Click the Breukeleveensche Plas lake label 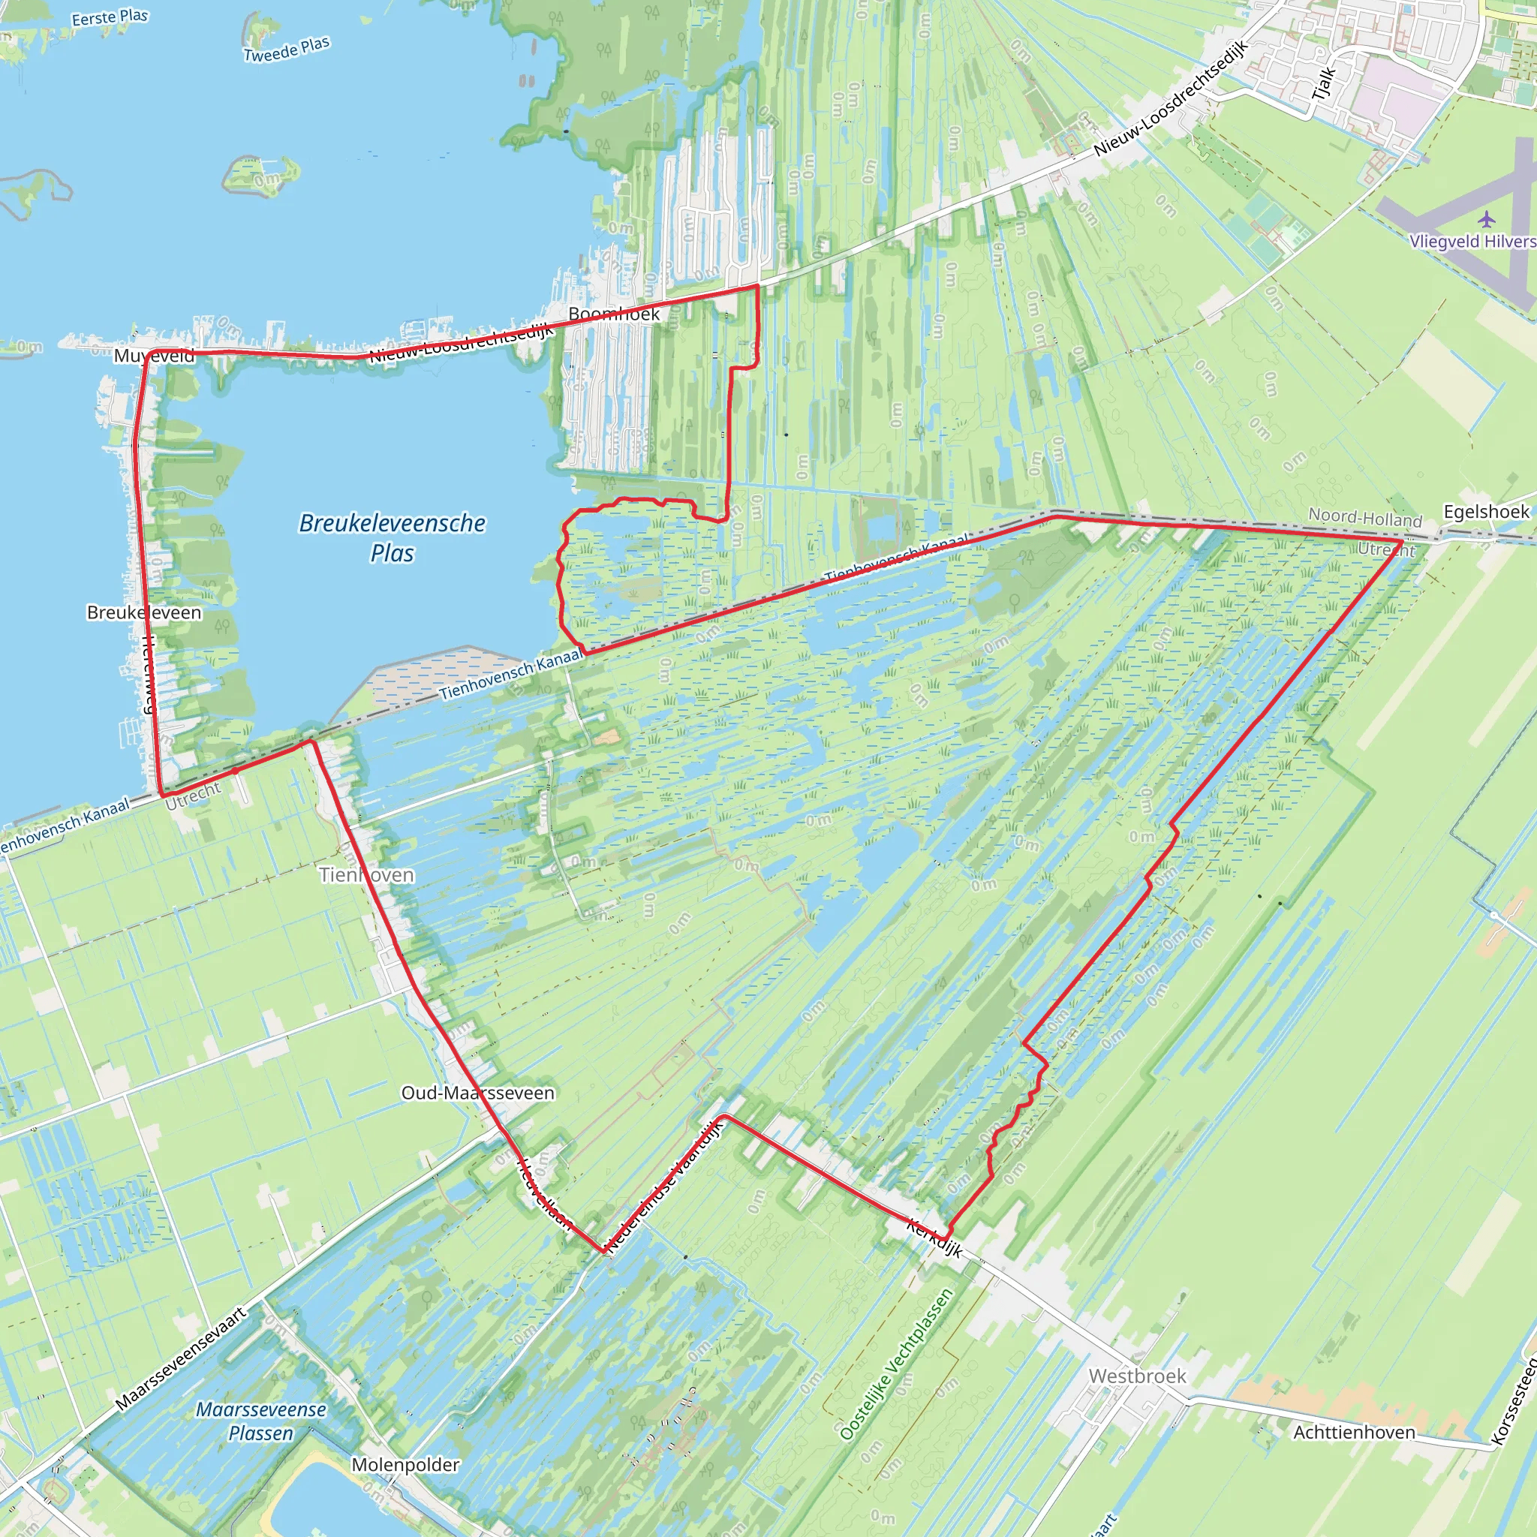[393, 538]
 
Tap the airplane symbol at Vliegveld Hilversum [1486, 219]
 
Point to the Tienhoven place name [367, 875]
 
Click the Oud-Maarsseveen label [477, 1093]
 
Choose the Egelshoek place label [1486, 512]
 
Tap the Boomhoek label [614, 314]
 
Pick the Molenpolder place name [406, 1465]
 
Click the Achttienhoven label [1354, 1433]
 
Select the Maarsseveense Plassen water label [261, 1421]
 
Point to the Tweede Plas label [287, 50]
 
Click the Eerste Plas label [110, 17]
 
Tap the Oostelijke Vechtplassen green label [896, 1364]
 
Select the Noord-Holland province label [1365, 518]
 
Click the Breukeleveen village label [144, 612]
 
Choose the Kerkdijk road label [935, 1238]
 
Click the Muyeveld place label [154, 356]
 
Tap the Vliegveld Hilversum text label [1472, 242]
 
